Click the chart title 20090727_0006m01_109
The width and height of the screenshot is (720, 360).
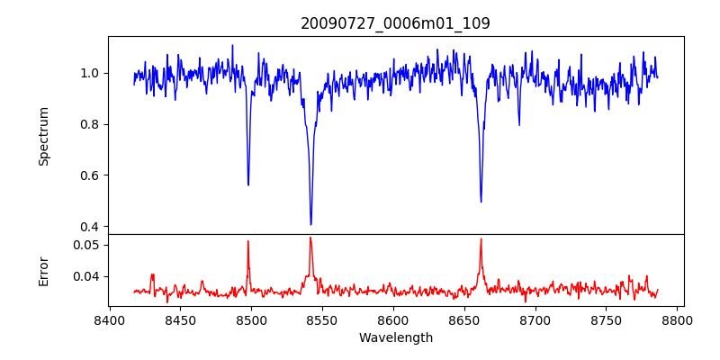(395, 23)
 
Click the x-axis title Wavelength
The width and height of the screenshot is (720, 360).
(395, 337)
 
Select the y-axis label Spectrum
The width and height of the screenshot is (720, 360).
(43, 136)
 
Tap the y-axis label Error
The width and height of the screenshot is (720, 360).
(43, 270)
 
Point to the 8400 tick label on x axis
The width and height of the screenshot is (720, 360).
(109, 319)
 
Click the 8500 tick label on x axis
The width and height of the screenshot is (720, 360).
(251, 319)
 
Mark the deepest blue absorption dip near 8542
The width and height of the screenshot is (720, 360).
(310, 224)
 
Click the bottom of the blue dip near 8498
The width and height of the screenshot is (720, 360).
(248, 184)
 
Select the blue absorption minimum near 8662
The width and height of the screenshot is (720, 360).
(481, 202)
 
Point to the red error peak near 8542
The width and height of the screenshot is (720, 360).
(310, 238)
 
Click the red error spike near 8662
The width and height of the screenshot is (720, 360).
(481, 239)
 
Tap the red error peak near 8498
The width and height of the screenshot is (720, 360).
(248, 241)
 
